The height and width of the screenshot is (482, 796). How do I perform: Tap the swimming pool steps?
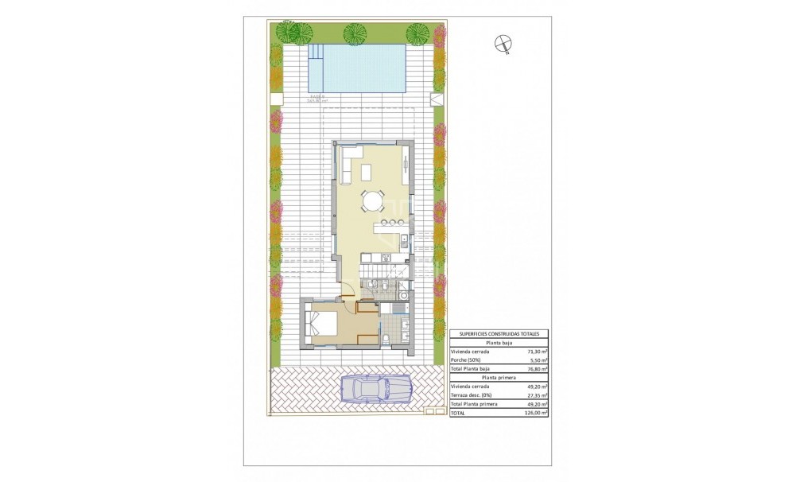pos(316,54)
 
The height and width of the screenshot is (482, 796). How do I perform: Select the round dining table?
pos(372,200)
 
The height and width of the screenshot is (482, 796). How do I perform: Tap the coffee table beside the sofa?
pos(367,170)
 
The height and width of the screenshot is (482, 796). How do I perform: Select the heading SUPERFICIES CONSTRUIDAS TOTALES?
pos(499,334)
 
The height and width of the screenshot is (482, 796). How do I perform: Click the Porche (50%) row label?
pos(467,360)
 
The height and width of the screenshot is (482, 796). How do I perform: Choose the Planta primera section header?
pos(499,378)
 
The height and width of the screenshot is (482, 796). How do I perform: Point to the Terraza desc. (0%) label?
pos(472,395)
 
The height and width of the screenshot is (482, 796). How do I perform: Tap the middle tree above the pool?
pos(354,33)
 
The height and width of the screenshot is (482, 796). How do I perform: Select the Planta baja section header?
pos(499,342)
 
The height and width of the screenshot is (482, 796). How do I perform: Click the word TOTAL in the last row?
pos(457,414)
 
